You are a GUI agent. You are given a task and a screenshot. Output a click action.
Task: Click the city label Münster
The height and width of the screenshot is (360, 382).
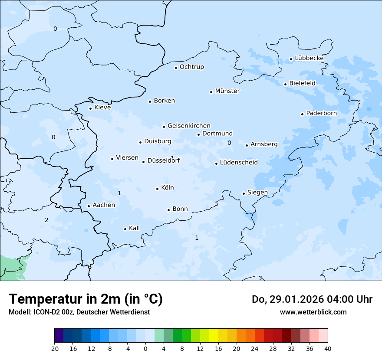[x=227, y=91]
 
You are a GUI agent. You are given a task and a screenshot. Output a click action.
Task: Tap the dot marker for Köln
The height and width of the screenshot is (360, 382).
[x=158, y=189]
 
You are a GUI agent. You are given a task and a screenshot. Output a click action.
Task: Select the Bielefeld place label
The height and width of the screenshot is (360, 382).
[x=302, y=83]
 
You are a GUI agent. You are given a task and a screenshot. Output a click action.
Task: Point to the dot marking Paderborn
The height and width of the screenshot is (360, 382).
[x=302, y=114]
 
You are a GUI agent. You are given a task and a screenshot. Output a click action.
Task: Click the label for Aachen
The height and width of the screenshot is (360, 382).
[x=104, y=205]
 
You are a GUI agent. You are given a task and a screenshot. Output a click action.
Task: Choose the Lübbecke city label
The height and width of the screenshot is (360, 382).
[x=309, y=58]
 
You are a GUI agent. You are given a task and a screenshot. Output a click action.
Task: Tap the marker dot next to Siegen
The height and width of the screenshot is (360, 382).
[x=244, y=193]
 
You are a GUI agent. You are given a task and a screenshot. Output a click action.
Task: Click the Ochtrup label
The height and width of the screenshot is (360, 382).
[x=191, y=67]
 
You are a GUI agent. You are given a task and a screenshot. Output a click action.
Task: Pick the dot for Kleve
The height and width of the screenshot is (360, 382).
[x=91, y=108]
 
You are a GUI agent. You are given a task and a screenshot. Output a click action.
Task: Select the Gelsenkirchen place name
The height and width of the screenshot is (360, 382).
[x=189, y=126]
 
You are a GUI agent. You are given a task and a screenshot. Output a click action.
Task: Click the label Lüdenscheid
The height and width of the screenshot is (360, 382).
[x=239, y=163]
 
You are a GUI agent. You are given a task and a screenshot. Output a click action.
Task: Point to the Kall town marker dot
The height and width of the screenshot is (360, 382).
[x=125, y=229]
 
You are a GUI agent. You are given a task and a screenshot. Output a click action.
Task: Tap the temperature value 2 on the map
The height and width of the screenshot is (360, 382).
[x=46, y=220]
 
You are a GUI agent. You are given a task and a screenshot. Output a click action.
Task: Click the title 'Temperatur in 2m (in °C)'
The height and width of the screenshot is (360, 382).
[x=86, y=299]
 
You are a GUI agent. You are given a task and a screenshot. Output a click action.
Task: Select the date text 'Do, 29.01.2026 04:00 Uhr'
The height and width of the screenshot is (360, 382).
[x=312, y=299]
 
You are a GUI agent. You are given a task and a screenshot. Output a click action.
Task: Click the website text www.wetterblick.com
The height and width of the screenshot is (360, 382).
[x=313, y=312]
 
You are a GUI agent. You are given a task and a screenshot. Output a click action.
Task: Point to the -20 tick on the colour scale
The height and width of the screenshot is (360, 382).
[x=54, y=349]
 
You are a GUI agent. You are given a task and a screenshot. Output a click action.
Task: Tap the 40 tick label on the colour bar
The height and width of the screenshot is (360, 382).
[x=328, y=349]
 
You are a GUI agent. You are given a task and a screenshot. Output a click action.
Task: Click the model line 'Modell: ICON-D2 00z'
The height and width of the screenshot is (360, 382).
[x=79, y=312]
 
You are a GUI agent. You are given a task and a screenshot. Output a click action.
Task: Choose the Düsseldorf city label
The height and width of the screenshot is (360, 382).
[x=164, y=161]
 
